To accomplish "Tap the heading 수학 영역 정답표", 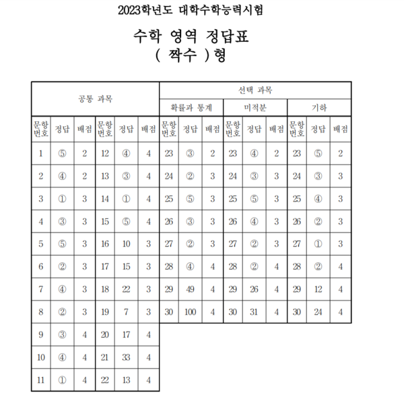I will (x=200, y=35).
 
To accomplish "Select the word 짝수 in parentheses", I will (x=190, y=56).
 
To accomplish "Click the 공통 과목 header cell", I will (x=95, y=98).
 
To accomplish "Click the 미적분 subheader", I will (x=255, y=107).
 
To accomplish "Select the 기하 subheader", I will (x=318, y=107).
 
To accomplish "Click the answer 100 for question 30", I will (x=191, y=312).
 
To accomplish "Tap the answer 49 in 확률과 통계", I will (x=191, y=289).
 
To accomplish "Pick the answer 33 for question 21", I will (x=127, y=357).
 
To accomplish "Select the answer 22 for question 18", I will (x=127, y=289).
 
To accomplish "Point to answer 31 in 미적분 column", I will (x=254, y=312).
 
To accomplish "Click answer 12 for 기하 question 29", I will (x=318, y=289).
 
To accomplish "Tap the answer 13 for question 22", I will (x=127, y=380).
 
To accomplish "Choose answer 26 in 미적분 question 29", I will (x=254, y=289).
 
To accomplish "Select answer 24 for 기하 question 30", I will (x=318, y=312).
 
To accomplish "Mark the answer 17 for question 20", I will (x=127, y=335).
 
